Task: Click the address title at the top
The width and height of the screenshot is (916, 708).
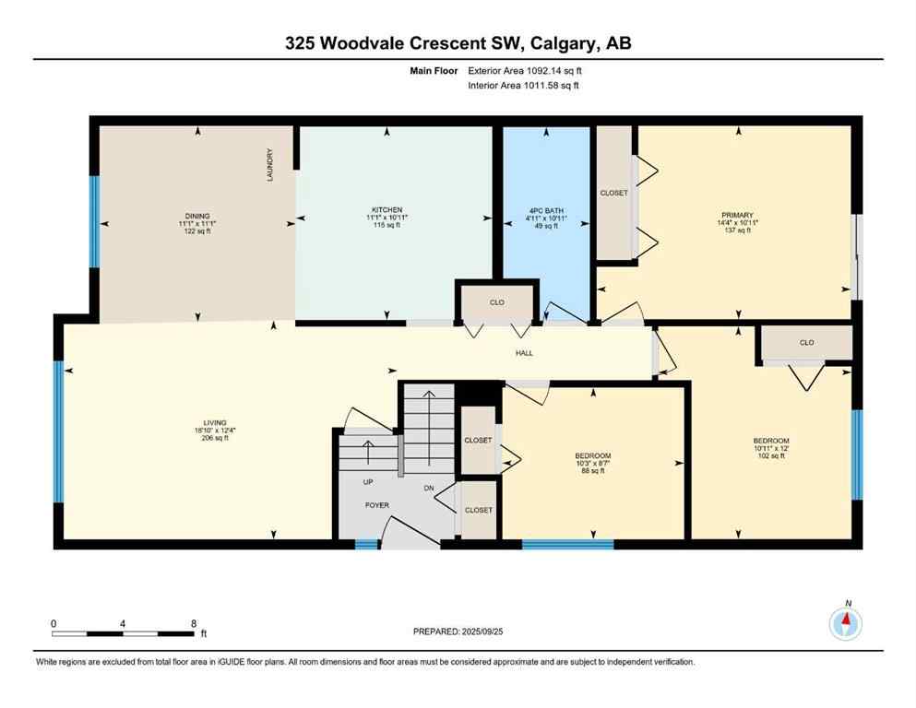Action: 458,42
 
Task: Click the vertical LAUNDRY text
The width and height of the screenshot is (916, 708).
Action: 270,166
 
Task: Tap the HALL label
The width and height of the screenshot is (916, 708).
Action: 524,353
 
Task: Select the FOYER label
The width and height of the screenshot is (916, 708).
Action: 376,505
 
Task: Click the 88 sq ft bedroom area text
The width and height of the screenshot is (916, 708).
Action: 591,471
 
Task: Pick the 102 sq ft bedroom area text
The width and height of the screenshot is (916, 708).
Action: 770,455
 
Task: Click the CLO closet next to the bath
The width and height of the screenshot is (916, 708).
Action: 496,301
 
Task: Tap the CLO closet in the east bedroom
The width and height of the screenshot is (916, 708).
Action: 806,343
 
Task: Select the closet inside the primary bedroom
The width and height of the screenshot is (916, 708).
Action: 613,193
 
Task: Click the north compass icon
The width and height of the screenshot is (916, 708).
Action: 846,624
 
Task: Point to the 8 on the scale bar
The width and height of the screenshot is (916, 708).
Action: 192,623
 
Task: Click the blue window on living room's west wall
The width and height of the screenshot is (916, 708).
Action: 59,431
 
